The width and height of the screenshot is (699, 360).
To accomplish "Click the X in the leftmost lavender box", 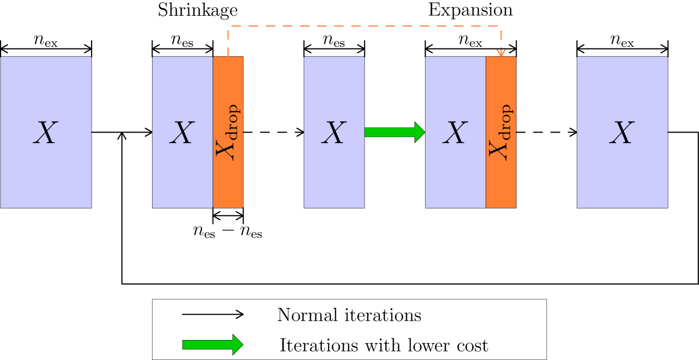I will pos(45,133).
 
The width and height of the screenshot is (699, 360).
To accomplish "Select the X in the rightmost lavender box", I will pos(622,133).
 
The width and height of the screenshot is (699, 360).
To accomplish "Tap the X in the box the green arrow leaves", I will pos(334,133).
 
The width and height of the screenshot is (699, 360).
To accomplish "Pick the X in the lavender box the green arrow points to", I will pos(455,133).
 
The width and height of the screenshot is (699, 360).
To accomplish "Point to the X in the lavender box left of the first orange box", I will pos(182,133).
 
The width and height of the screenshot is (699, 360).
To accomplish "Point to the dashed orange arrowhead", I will pos(501,52).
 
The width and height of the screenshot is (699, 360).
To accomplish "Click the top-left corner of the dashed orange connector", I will pos(228,25).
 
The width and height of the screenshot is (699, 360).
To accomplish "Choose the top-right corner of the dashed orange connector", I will pos(501,25).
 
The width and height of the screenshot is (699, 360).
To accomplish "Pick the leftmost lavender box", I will pos(46,174).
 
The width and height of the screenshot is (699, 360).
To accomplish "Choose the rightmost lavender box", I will pos(622,174).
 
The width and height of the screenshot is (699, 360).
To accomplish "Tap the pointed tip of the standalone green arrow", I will pos(241,345).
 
